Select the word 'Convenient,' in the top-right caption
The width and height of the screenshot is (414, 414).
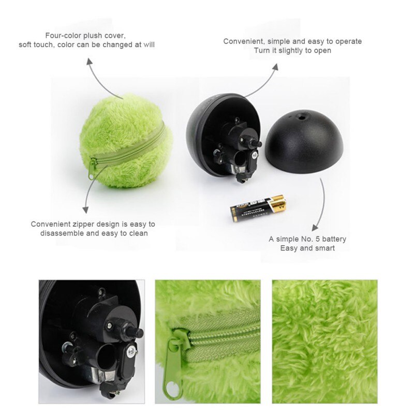tap(244, 41)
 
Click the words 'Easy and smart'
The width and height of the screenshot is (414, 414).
tap(307, 248)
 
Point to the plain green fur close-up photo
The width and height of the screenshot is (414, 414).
tap(324, 342)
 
